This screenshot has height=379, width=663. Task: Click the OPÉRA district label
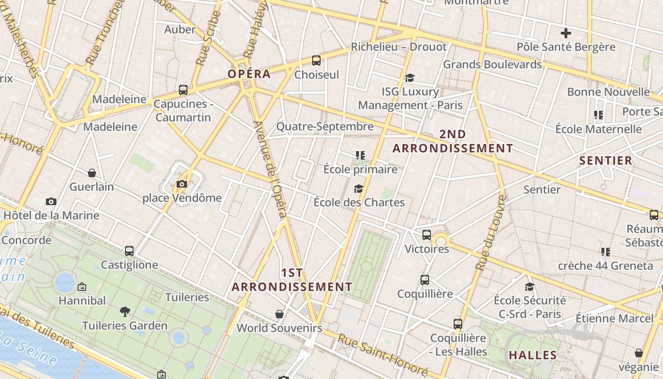pos(249,74)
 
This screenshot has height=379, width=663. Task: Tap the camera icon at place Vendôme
pos(182,184)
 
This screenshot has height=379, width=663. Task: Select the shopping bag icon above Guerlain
pos(92,173)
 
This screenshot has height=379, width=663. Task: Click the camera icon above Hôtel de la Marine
pos(51,201)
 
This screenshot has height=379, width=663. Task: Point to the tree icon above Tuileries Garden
pos(125,311)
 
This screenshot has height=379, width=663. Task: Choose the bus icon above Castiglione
pos(129,251)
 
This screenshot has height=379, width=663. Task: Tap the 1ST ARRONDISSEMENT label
pos(292,280)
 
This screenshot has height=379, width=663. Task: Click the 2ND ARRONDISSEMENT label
pos(452,141)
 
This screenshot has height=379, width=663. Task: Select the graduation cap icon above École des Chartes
pos(358,189)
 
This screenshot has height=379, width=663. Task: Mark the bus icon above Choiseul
pos(316,61)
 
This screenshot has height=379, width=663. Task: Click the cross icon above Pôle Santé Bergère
pos(565,33)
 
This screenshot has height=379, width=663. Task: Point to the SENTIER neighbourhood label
pos(606,160)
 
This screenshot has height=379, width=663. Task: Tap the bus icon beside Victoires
pos(426,235)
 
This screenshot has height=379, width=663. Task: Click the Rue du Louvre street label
pos(490,232)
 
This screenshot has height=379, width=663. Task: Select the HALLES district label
pos(533,355)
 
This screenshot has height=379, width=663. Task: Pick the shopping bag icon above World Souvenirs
pos(279,314)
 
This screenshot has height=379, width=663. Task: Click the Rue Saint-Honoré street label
pos(382,355)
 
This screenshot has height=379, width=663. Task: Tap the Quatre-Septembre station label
pos(325,126)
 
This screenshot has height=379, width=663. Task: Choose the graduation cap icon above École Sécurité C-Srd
pos(529,287)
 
